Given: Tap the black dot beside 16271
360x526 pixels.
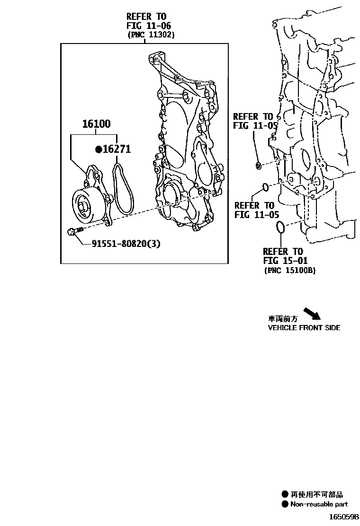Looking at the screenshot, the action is pos(99,149).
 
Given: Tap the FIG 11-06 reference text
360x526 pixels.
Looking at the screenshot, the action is pos(148,26).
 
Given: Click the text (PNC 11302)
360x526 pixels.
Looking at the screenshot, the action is pos(151,35).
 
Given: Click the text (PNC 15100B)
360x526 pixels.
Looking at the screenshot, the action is pos(289,270).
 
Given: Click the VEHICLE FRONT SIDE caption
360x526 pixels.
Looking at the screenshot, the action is pos(304,327).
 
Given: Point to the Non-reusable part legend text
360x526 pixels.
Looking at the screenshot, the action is pos(320,504).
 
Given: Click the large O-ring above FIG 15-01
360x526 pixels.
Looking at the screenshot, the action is pos(280,227).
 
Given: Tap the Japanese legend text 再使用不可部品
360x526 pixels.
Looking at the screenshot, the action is pos(316,494).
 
